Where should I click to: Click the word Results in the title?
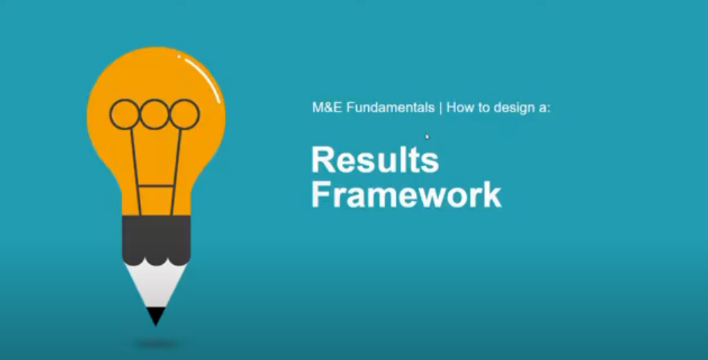pyautogui.click(x=374, y=161)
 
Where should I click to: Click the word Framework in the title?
pyautogui.click(x=406, y=195)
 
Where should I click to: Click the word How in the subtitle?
pyautogui.click(x=459, y=107)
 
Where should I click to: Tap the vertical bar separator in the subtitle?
pyautogui.click(x=440, y=107)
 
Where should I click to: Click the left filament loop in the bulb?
pyautogui.click(x=124, y=113)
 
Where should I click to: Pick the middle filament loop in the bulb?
pyautogui.click(x=155, y=113)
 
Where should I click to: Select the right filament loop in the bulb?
pyautogui.click(x=184, y=113)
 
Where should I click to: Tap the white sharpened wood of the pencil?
pyautogui.click(x=155, y=284)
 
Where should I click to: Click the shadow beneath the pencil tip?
pyautogui.click(x=157, y=344)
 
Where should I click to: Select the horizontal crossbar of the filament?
pyautogui.click(x=156, y=185)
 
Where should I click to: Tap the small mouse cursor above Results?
pyautogui.click(x=427, y=136)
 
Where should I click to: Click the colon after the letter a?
pyautogui.click(x=549, y=108)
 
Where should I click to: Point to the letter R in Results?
pyautogui.click(x=322, y=161)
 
